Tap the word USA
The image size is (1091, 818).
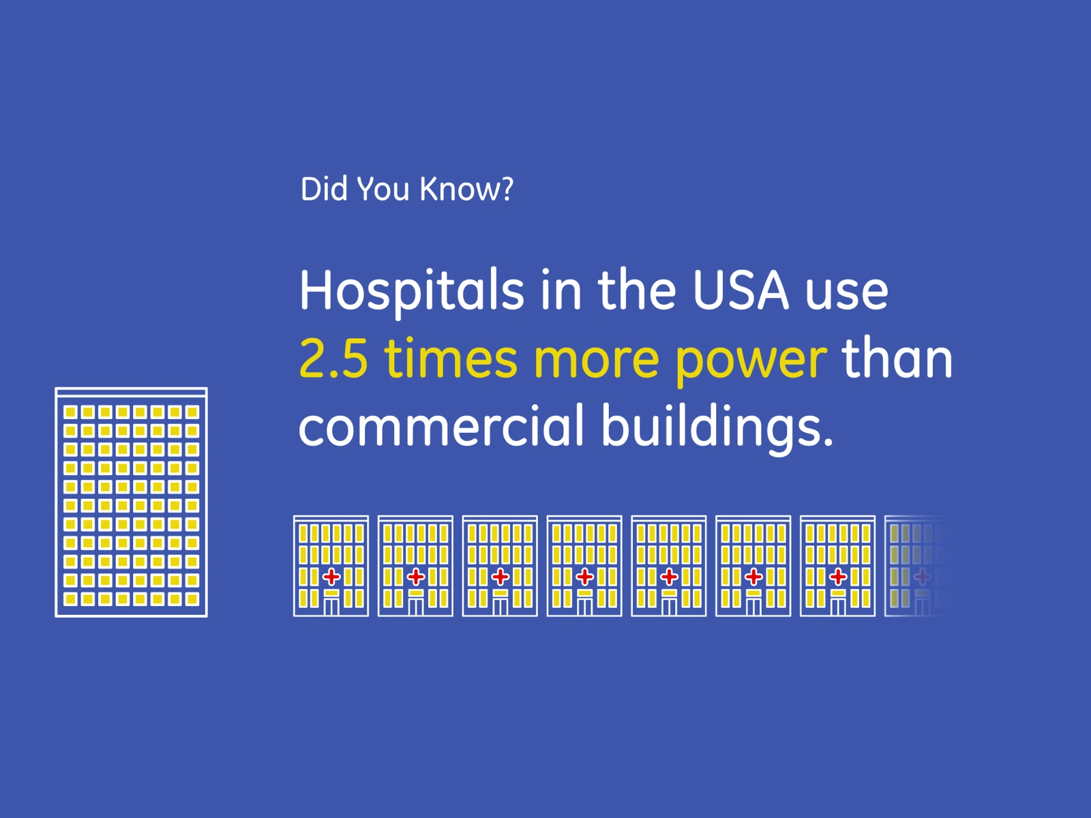tap(740, 290)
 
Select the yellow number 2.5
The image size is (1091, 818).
tap(333, 358)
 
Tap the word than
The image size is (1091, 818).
tap(897, 356)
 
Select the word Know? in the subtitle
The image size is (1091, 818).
tap(466, 189)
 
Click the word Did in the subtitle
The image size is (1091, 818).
tap(324, 189)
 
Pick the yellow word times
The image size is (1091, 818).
tap(450, 358)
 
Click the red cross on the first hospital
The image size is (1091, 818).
tap(331, 577)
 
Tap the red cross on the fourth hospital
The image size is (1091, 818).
tap(584, 577)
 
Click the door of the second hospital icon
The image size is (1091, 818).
tap(415, 606)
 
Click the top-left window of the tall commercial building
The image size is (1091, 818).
tap(71, 412)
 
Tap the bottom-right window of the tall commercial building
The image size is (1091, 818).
tap(192, 599)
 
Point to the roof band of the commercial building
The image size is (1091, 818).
tap(131, 393)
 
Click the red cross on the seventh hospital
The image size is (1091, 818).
tap(838, 577)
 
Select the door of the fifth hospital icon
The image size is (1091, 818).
tap(669, 606)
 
